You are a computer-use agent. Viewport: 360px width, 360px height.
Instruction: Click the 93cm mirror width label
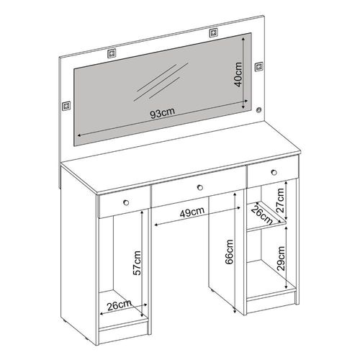tap(163, 113)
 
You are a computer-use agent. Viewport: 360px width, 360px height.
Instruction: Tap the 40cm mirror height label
tap(238, 74)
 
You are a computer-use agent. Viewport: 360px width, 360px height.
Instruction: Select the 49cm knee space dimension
tap(192, 212)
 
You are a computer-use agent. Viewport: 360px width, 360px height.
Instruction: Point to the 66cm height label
tap(230, 252)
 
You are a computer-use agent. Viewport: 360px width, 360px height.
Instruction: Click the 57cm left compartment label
tap(137, 263)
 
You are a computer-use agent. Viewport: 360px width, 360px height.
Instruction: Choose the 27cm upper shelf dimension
tap(280, 200)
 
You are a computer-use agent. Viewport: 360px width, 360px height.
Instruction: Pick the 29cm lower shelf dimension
tap(281, 258)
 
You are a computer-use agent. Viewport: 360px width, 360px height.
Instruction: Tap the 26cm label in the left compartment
tap(120, 305)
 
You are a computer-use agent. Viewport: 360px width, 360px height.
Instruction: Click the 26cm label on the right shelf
tap(262, 215)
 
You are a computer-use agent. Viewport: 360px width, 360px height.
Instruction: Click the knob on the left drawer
tap(126, 202)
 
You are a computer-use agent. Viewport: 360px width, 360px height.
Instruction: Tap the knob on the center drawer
tap(200, 187)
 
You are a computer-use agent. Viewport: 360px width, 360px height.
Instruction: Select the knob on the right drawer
tap(274, 172)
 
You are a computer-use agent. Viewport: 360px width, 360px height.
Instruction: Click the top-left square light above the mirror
tap(112, 53)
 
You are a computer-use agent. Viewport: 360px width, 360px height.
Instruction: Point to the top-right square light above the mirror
tap(213, 32)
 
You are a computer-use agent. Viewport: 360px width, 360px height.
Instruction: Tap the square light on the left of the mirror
tap(66, 106)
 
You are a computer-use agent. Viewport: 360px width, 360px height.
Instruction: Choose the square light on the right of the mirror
tap(258, 66)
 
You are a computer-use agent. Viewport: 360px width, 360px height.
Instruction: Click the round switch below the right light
tap(258, 110)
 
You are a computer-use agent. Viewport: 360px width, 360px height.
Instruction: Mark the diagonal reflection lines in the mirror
tap(161, 82)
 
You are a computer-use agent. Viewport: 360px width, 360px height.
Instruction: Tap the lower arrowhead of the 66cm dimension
tap(235, 310)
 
